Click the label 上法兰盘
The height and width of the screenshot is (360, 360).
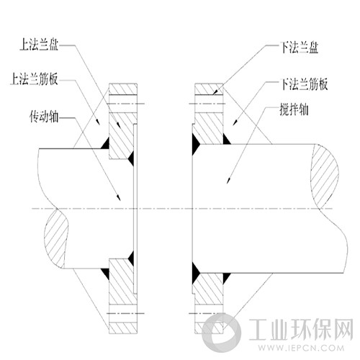(39, 45)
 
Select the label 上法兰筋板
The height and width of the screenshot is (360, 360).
(34, 78)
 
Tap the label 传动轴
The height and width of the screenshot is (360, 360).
(44, 117)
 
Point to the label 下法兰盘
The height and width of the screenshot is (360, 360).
(300, 48)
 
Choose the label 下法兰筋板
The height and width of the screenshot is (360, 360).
(304, 84)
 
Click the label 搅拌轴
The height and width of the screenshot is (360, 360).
(294, 109)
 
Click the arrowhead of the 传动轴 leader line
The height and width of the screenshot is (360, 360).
(119, 198)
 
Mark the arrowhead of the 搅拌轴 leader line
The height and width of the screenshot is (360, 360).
(229, 180)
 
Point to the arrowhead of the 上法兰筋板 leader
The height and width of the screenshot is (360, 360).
(98, 122)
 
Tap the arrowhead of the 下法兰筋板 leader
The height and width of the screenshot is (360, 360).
(235, 122)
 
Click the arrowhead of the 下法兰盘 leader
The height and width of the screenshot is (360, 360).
(216, 92)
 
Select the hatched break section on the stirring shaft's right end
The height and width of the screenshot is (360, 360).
(325, 176)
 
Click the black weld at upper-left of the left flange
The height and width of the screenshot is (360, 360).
(105, 143)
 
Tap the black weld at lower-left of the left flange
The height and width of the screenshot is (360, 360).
(105, 274)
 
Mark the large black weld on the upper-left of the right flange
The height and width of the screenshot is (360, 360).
(196, 144)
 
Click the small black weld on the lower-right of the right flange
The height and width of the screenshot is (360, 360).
(227, 278)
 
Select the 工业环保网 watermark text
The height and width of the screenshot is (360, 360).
(301, 330)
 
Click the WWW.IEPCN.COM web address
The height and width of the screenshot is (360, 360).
(301, 348)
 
